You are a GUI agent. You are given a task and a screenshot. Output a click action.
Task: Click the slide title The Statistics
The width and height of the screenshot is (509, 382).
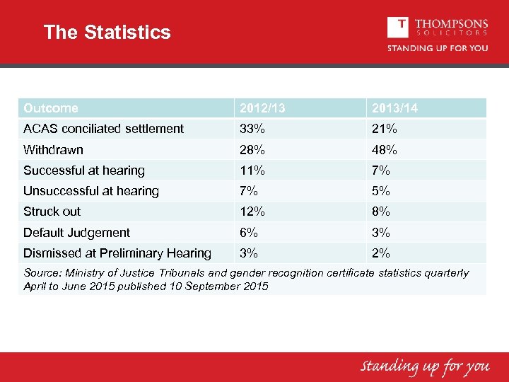pos(107,33)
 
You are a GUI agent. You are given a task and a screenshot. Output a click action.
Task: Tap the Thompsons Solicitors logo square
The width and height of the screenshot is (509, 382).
pos(398,28)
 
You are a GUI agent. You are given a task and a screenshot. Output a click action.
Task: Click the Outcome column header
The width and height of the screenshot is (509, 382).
pos(51,108)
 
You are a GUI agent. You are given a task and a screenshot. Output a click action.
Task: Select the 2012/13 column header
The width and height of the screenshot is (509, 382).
pos(263,108)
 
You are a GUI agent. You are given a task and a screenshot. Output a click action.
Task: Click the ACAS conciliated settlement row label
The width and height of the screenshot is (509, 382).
pos(103,129)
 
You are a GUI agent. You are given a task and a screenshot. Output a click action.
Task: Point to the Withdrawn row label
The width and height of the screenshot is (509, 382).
pos(53,149)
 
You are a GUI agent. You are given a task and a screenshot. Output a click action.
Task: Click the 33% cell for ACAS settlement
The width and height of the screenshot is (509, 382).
pos(252,129)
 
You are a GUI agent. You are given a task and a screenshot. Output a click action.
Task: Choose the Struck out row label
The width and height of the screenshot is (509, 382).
pos(52,212)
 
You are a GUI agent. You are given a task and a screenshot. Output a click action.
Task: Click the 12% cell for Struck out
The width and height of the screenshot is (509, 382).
pos(252,212)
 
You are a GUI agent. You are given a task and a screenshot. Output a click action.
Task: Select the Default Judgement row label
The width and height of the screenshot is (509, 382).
pos(76,233)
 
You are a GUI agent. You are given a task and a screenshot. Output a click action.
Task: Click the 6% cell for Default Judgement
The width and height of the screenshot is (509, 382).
pos(249,233)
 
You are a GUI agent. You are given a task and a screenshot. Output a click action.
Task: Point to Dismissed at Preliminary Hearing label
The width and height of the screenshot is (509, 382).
pos(117,253)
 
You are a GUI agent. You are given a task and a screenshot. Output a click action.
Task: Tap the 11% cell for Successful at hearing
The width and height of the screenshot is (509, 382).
pos(252,170)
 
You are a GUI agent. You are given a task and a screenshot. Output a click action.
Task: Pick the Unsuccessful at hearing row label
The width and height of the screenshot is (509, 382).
pos(91,191)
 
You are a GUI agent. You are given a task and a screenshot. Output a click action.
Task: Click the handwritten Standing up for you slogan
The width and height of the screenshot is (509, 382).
pos(425,366)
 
